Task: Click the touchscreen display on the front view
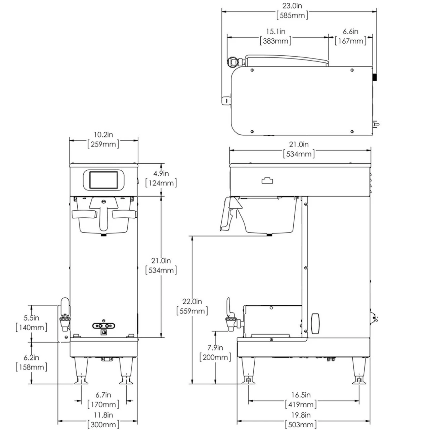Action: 103,180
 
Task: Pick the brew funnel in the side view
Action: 270,215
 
